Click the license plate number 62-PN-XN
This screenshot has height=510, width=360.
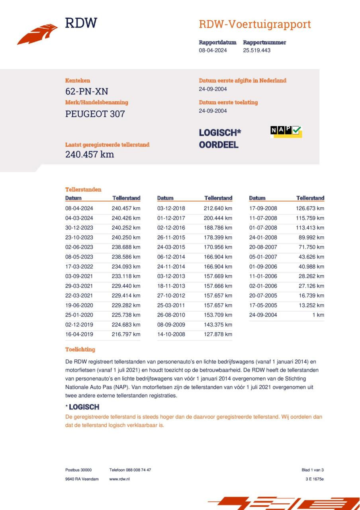pos(86,92)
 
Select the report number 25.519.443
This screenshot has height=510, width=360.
pos(256,51)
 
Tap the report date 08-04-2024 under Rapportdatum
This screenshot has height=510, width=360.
pos(213,51)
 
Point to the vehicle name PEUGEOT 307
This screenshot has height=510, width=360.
pos(95,114)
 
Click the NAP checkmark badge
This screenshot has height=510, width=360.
pos(286,131)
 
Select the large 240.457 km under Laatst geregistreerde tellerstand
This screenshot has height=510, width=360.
pos(90,155)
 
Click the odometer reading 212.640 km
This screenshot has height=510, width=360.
pos(218,208)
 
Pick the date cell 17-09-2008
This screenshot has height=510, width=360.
pos(263,208)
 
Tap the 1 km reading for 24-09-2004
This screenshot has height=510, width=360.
pos(318,315)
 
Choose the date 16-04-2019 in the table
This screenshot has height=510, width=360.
pos(79,334)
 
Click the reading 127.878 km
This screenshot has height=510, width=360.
pos(218,334)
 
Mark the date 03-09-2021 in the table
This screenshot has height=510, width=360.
pos(79,276)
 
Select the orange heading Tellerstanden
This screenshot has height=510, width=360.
pos(83,190)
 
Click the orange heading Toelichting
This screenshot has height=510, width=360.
pos(80,349)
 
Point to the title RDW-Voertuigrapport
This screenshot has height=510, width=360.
pos(255,24)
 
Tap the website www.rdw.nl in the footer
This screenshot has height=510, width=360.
pos(119,479)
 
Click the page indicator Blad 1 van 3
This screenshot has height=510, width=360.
pos(313,470)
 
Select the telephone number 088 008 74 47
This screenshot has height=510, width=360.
pos(139,470)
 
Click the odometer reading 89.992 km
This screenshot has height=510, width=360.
pos(311,237)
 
